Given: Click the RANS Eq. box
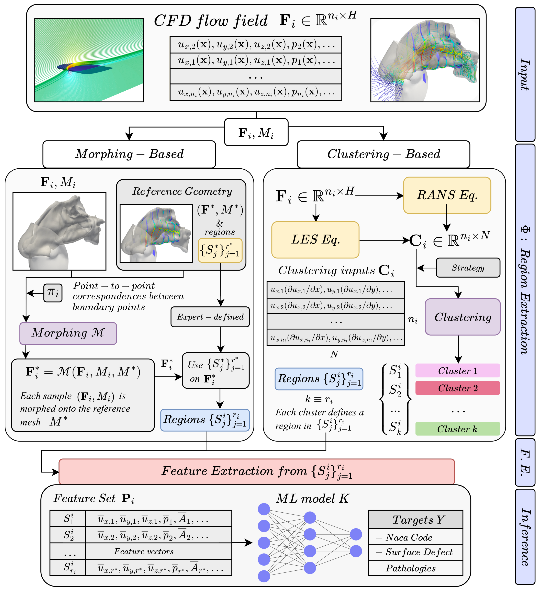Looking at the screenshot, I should (447, 195).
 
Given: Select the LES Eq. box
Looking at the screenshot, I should (315, 240).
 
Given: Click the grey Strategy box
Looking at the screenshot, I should (468, 268).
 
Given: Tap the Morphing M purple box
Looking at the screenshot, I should (68, 333).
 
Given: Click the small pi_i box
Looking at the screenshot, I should (53, 293).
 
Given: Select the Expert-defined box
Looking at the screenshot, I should (210, 317).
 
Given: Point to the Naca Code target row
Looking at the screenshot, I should (415, 537).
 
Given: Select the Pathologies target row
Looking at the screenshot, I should (415, 568).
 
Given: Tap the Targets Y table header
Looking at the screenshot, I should (415, 520).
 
